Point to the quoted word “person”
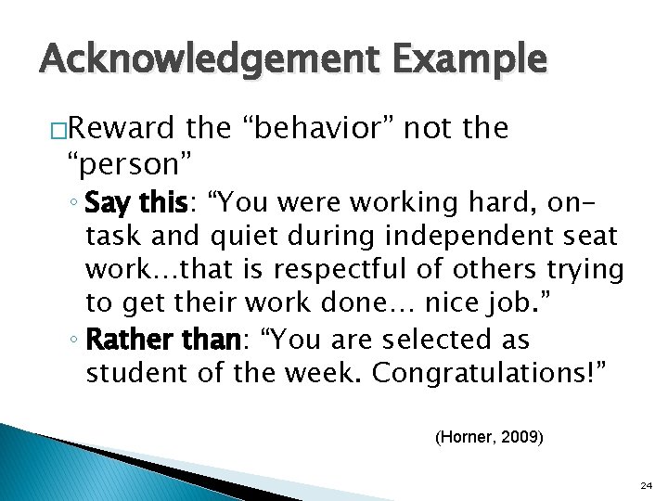(130, 164)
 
